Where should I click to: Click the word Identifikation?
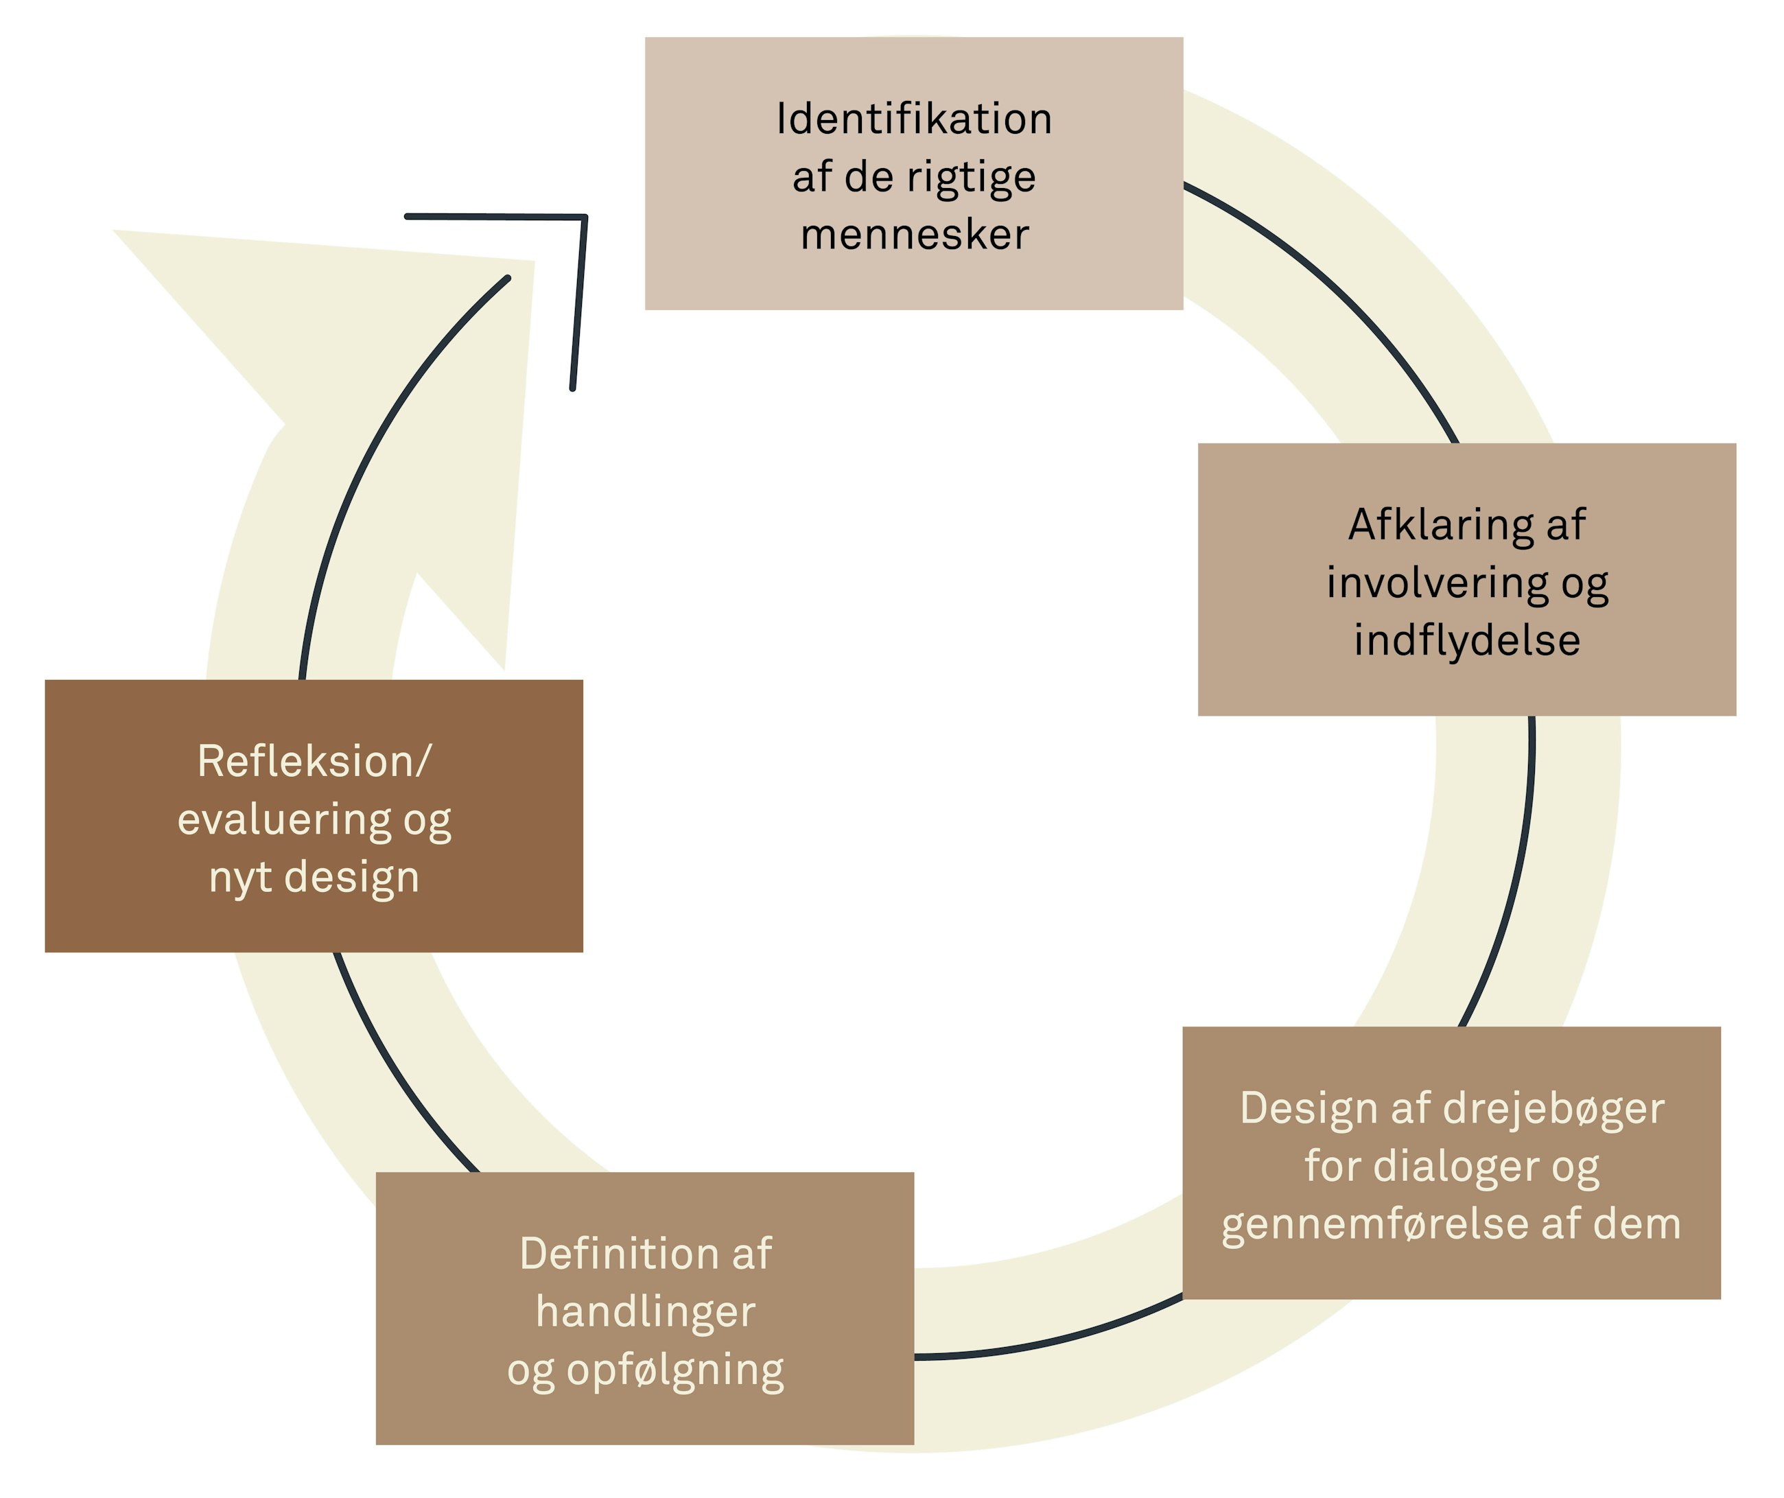tap(914, 118)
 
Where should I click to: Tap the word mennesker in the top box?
tap(914, 235)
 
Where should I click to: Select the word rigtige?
tap(971, 178)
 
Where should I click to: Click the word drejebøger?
tap(1553, 1109)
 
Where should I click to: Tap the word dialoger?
tap(1456, 1167)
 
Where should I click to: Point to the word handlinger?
tap(645, 1312)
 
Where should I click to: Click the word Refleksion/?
tap(314, 760)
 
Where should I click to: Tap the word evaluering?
tap(285, 819)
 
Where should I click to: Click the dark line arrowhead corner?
tap(585, 218)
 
